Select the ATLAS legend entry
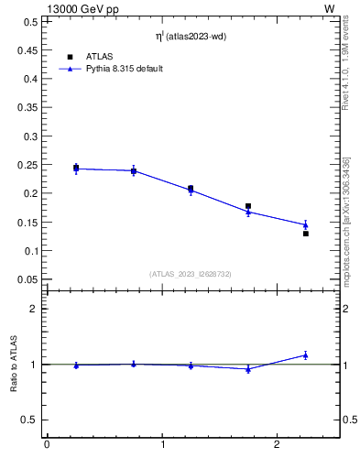point(98,56)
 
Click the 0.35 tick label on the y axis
point(27,107)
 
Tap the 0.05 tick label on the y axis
point(27,279)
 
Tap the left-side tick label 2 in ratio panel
point(34,309)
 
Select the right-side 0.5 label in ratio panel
point(349,420)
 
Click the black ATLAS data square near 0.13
point(306,234)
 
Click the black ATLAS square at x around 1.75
point(248,206)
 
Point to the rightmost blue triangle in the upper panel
point(306,224)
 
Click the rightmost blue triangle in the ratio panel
point(306,355)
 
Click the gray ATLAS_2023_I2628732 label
point(189,273)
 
